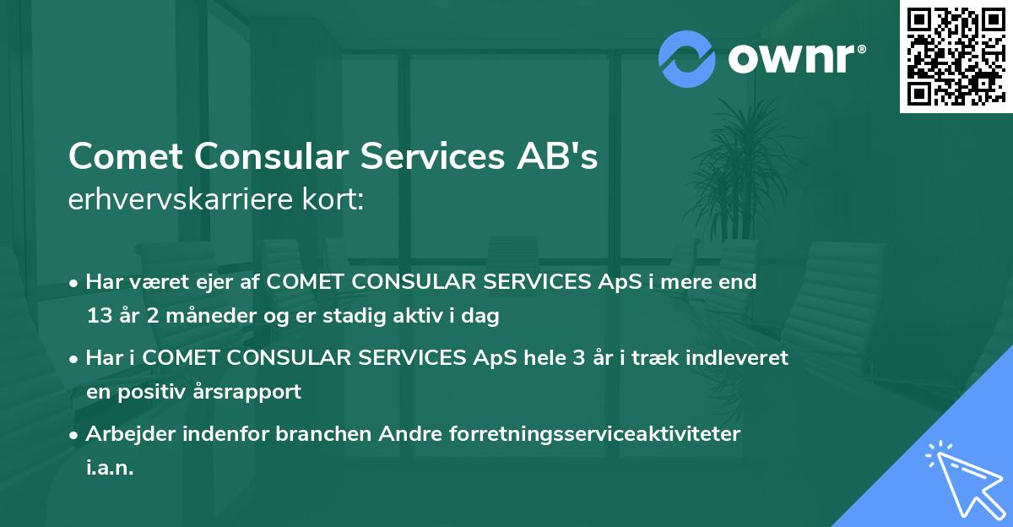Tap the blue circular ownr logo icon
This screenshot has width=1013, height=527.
click(x=687, y=58)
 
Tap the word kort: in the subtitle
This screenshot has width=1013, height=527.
click(x=335, y=200)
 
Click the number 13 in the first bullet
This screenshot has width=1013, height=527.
click(x=98, y=317)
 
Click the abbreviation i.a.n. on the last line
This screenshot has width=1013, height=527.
click(x=109, y=468)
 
